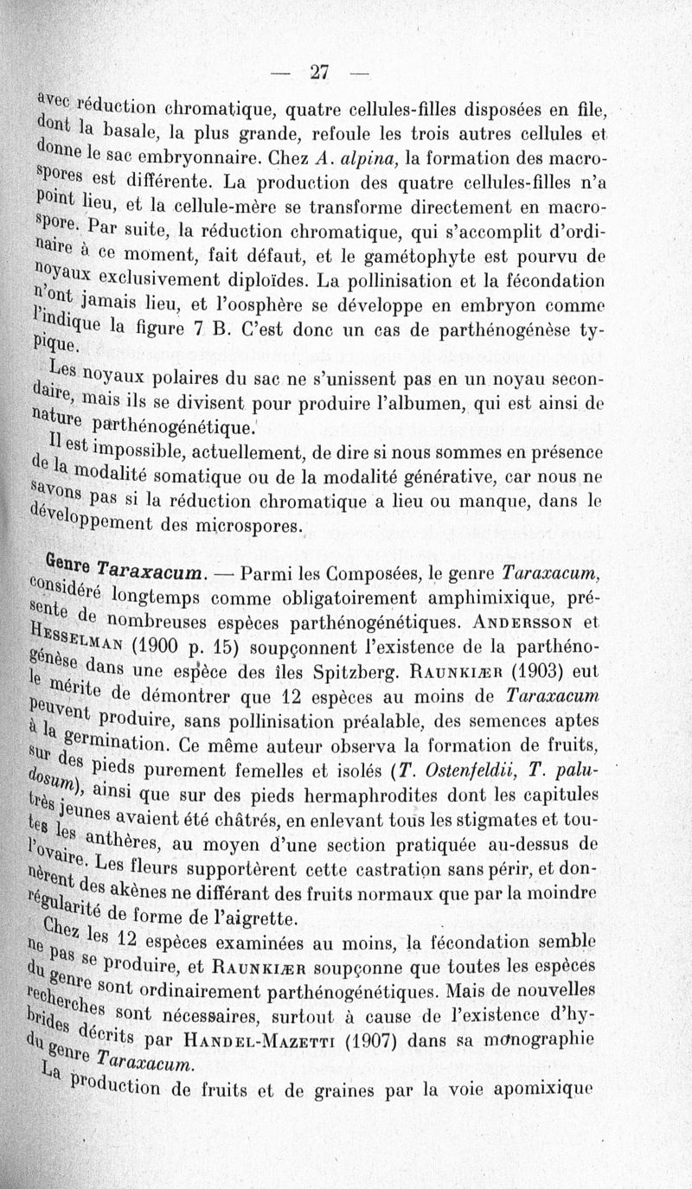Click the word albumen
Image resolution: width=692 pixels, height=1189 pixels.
[459, 405]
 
